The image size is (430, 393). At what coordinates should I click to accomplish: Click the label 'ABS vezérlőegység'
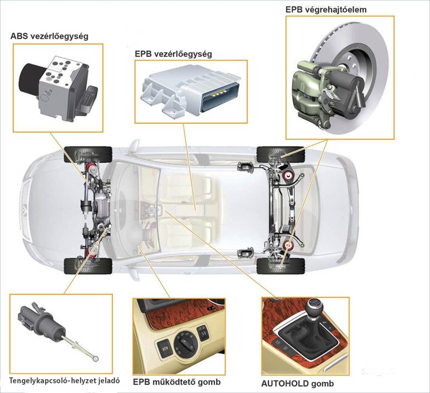pos(50,36)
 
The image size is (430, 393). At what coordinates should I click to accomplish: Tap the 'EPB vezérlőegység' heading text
pos(173,54)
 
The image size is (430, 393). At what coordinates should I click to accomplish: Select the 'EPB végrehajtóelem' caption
pos(326,9)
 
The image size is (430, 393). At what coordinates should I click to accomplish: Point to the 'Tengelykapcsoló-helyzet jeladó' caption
pos(64,381)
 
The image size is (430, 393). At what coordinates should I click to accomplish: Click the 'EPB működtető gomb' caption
pos(176,382)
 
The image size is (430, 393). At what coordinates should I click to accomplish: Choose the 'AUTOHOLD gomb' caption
pos(298,384)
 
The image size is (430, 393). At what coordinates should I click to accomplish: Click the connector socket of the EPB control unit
pos(220,97)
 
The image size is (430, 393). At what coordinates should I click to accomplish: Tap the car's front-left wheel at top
pos(88,155)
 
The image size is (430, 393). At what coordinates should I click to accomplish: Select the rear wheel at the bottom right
pos(281,266)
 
